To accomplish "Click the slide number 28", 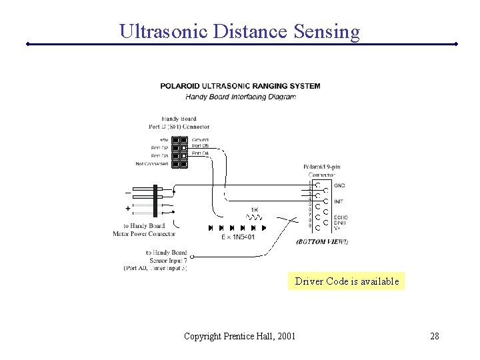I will click(434, 335).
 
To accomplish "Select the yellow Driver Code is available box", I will click(347, 281).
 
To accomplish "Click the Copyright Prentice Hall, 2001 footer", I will click(240, 335).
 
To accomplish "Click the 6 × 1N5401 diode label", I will click(238, 237).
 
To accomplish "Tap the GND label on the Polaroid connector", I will click(339, 185).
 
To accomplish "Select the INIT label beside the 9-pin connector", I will click(339, 201).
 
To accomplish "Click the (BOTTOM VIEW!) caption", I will click(322, 241).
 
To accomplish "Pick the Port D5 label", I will click(200, 146).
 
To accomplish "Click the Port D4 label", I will click(200, 153).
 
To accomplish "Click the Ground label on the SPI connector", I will click(200, 139).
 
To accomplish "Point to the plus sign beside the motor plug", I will click(128, 208).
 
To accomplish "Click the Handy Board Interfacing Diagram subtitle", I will click(240, 97).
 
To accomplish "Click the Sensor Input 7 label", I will click(166, 260).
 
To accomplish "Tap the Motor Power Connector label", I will click(144, 233).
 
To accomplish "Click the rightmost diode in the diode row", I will click(263, 228).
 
